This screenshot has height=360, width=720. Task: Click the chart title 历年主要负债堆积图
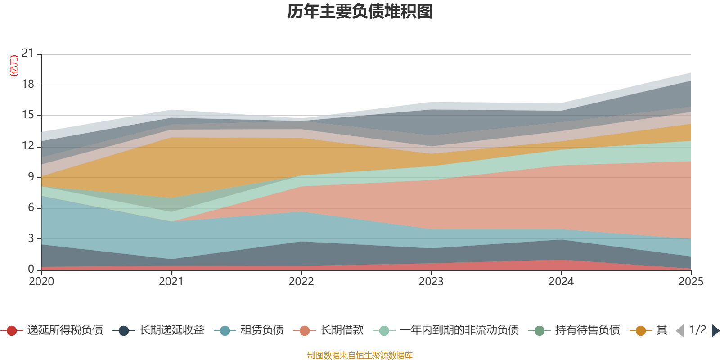point(360,12)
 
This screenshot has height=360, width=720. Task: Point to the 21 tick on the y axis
point(28,54)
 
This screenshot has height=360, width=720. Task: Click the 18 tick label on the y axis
point(28,84)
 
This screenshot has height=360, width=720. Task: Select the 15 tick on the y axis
point(28,115)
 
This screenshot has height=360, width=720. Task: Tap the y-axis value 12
point(28,146)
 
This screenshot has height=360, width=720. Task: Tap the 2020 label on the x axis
point(41,282)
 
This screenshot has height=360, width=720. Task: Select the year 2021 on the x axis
point(171,282)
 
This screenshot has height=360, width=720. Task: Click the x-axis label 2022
point(301,282)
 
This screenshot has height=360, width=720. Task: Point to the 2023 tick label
point(431,282)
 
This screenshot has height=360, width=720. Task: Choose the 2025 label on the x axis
point(691,282)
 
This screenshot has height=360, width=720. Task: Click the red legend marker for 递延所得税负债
point(12,331)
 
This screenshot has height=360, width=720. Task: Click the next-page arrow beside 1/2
point(715,331)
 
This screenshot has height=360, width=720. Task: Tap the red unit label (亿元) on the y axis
point(14,66)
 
